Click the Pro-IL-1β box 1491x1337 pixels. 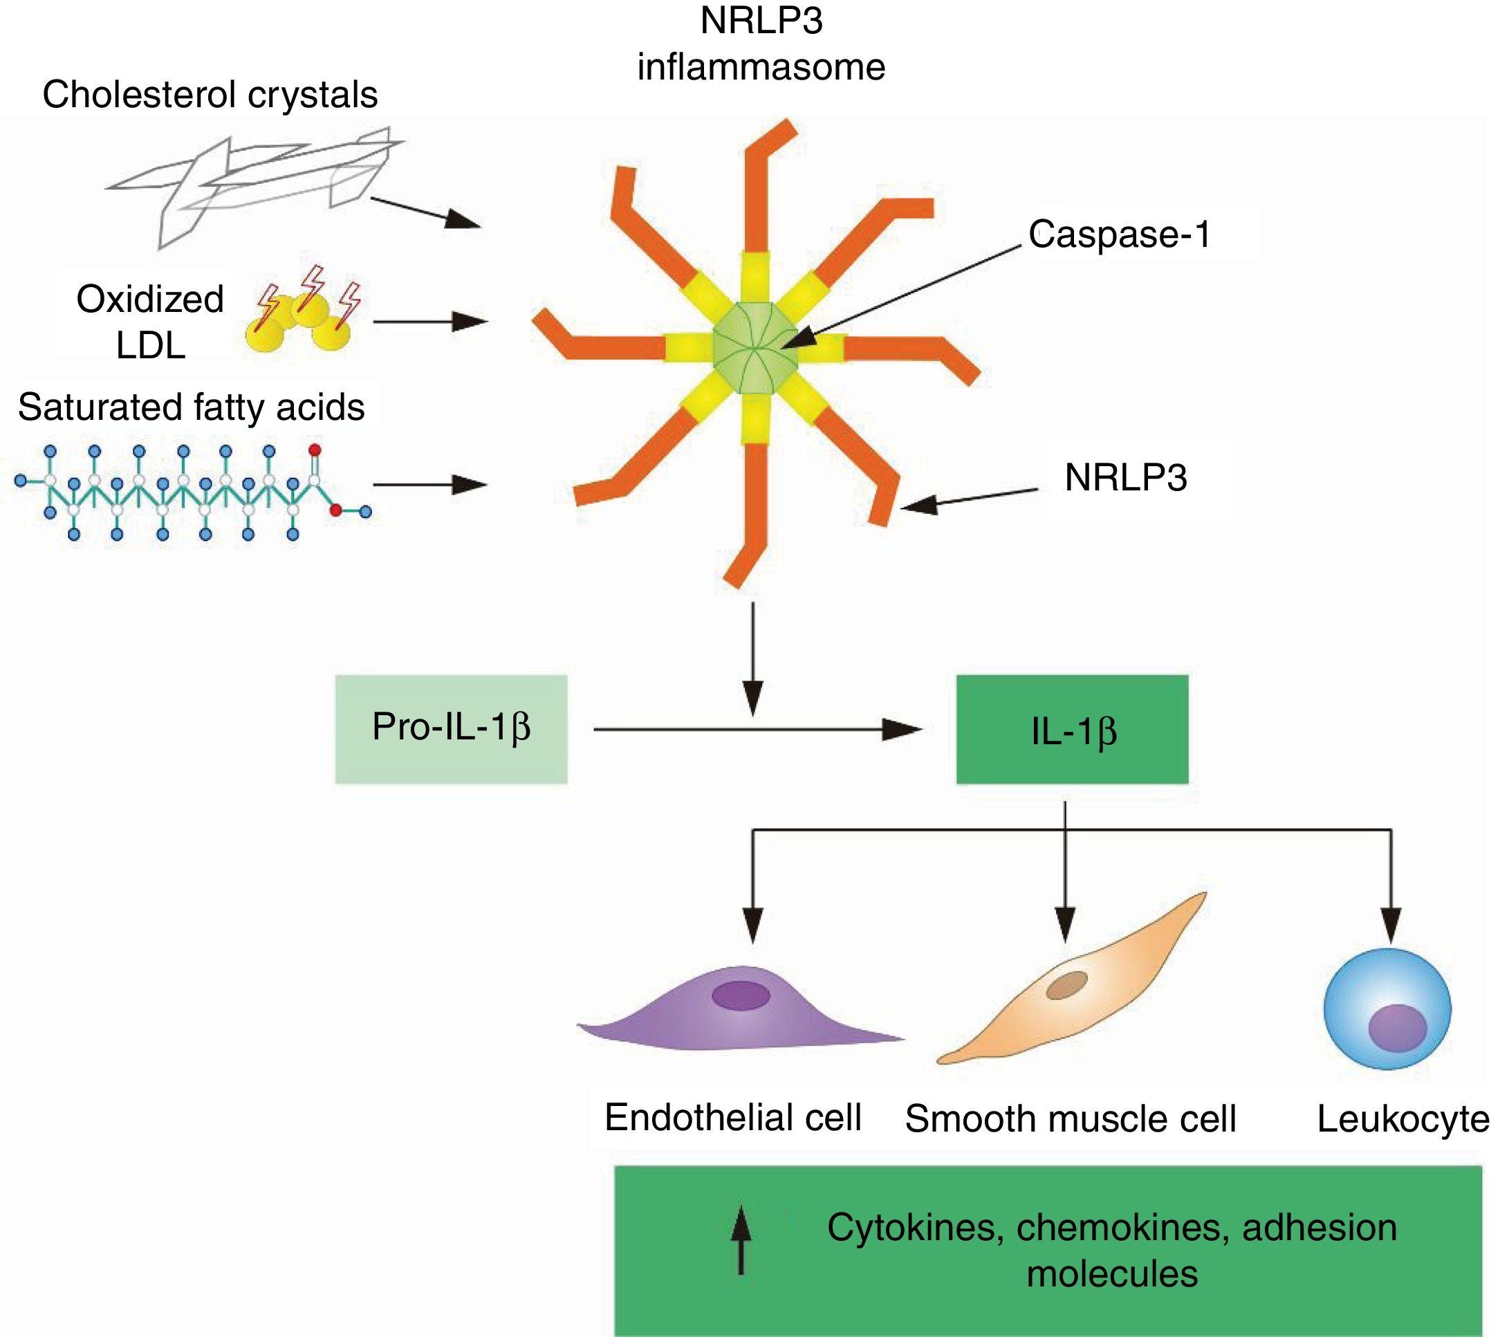tap(451, 729)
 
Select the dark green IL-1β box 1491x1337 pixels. tap(1072, 729)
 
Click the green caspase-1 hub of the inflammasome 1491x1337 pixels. tap(756, 342)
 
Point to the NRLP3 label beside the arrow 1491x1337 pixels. tap(1125, 478)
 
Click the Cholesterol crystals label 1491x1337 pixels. tap(210, 95)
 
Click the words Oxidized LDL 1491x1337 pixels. tap(150, 322)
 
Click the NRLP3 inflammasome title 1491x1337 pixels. tap(761, 44)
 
